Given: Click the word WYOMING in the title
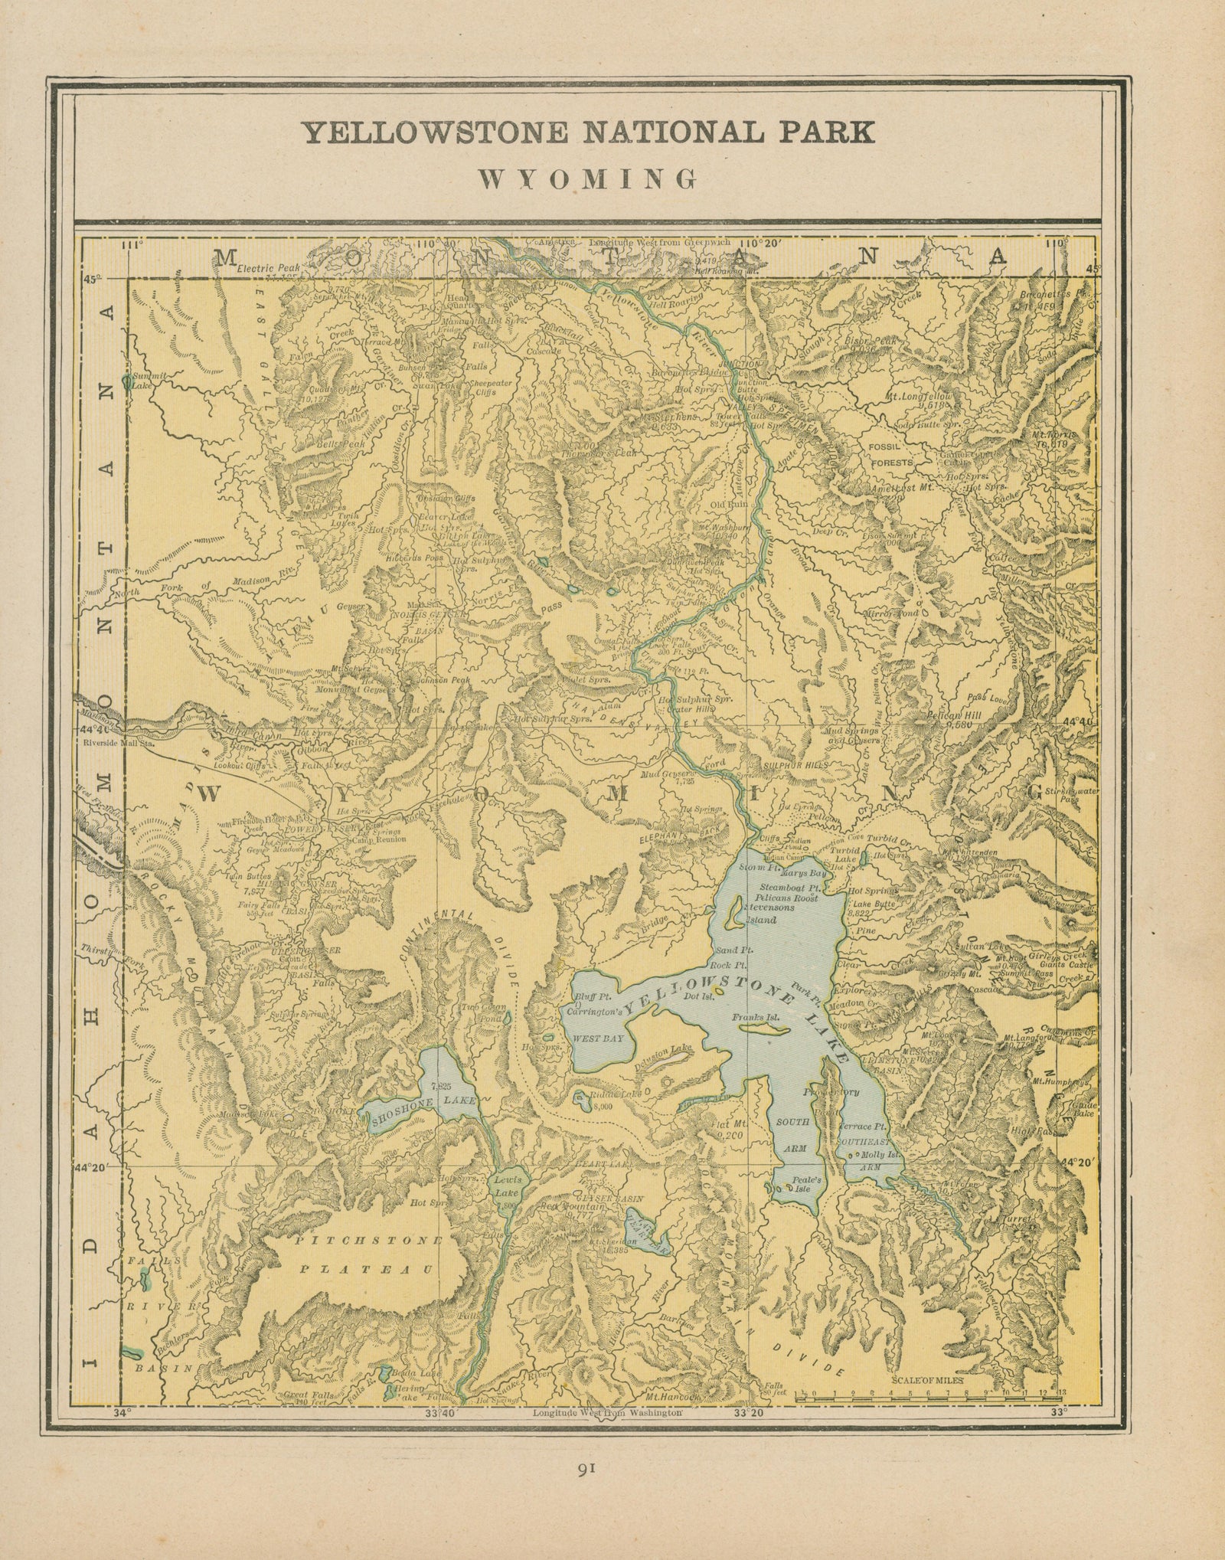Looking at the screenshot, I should pos(587,178).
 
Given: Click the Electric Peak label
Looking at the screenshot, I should pos(269,269).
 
